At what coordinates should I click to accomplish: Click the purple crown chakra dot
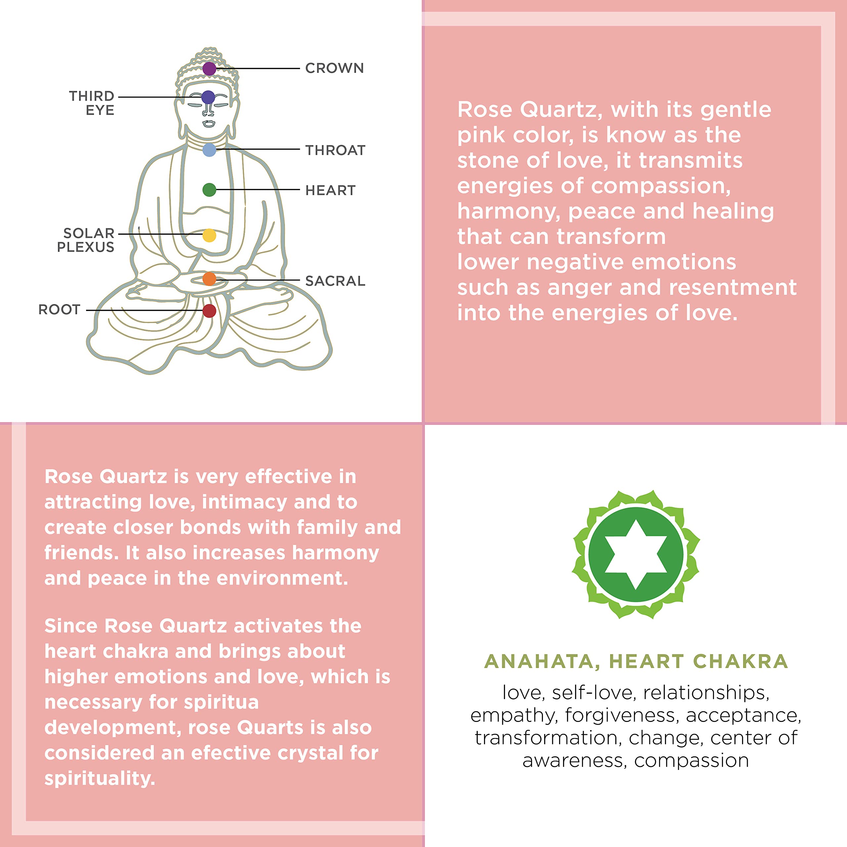[209, 68]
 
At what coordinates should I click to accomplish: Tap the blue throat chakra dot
[209, 150]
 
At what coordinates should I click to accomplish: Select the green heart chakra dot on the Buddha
[209, 190]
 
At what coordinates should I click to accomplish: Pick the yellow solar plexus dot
[209, 236]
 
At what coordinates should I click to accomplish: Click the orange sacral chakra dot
[209, 278]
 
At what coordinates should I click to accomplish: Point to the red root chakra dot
[209, 311]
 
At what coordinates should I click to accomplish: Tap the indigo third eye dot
[208, 97]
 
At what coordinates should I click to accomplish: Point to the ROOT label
[59, 309]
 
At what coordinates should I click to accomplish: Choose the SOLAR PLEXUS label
[86, 240]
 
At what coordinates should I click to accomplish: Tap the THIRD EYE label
[92, 103]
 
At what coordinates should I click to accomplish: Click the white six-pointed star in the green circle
[636, 555]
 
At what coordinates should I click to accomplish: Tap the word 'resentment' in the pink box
[733, 288]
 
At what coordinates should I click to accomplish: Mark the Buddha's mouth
[209, 123]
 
